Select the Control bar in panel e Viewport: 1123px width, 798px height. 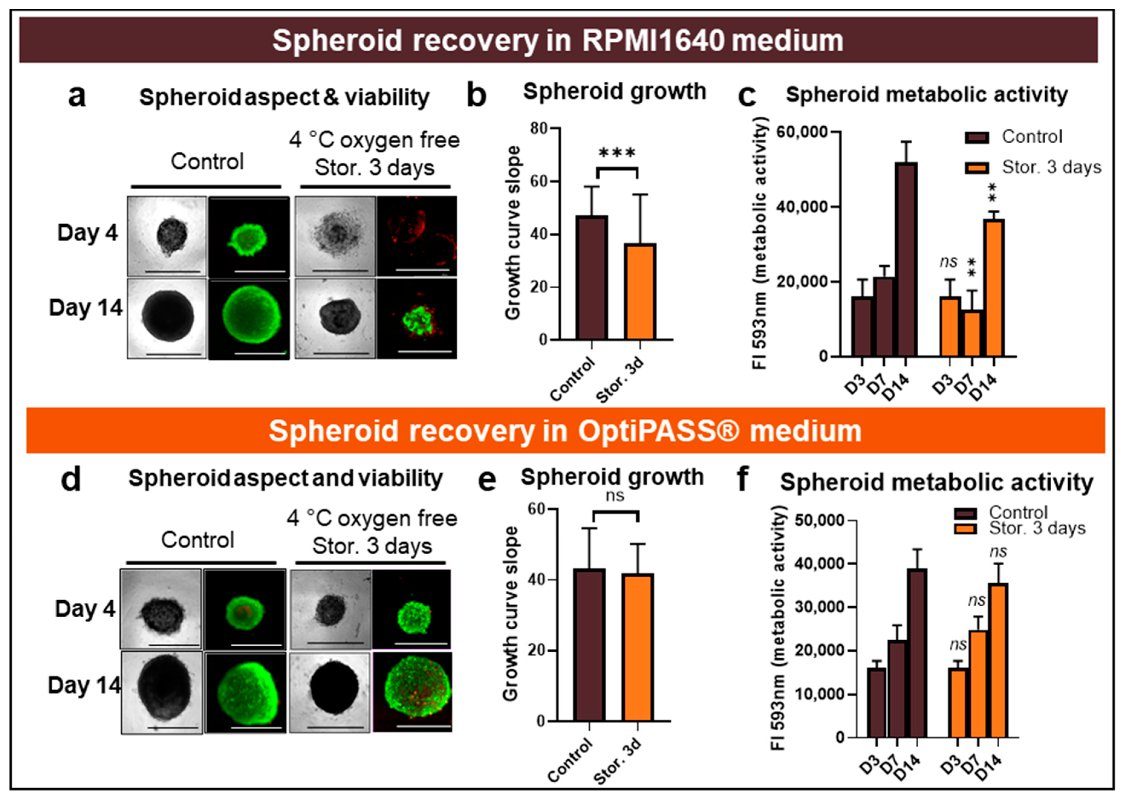[x=589, y=645]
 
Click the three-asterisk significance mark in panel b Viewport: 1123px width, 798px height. [x=617, y=153]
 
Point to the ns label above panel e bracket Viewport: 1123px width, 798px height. [x=615, y=496]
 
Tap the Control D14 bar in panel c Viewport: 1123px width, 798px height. [x=906, y=259]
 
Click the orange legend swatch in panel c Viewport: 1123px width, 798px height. [x=977, y=167]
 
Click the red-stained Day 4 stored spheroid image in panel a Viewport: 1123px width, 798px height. [x=417, y=236]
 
